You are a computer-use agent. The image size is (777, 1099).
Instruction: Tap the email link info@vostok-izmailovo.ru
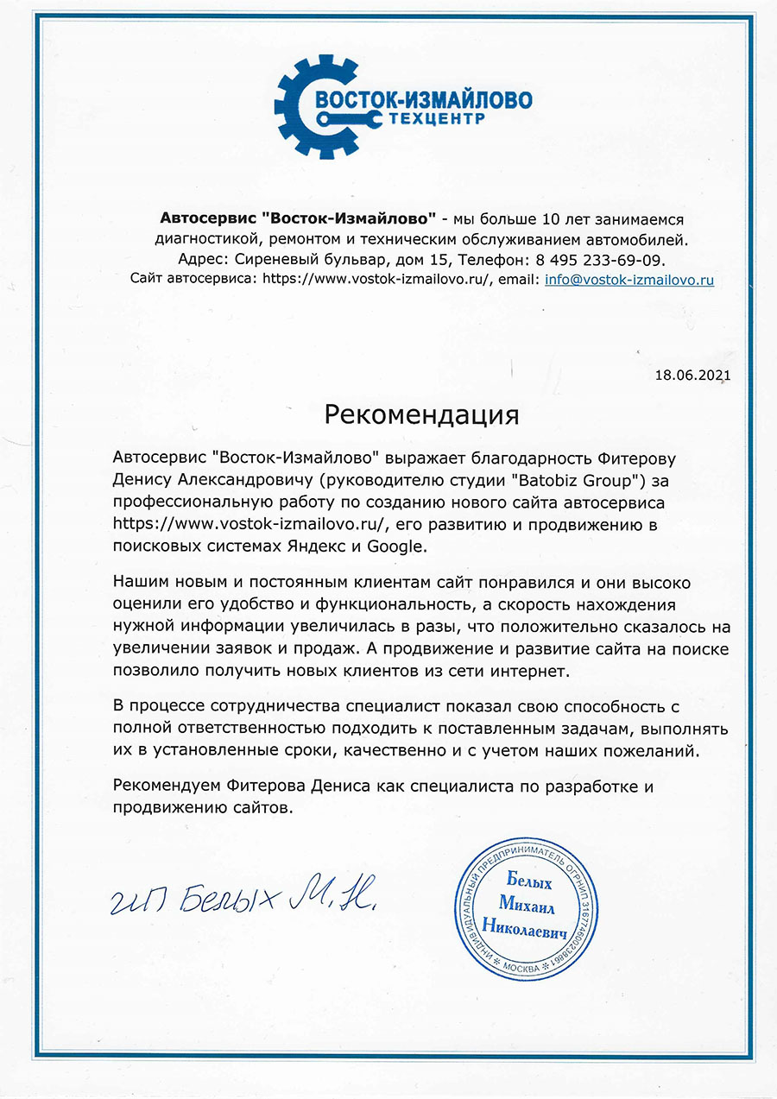(x=629, y=279)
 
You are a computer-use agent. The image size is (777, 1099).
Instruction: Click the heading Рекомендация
(x=422, y=415)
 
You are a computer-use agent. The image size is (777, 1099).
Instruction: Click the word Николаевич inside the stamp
(x=534, y=932)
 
